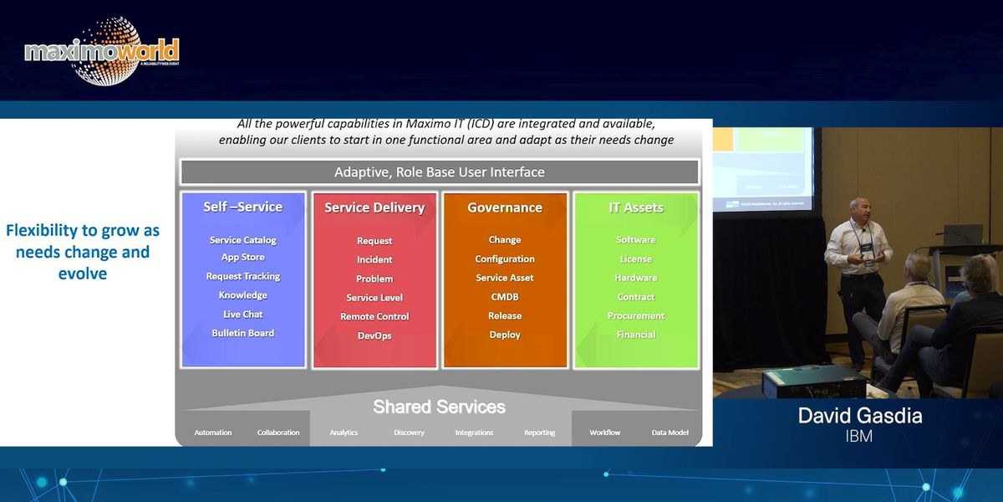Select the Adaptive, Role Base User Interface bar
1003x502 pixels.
pyautogui.click(x=440, y=172)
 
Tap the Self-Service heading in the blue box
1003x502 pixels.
pyautogui.click(x=243, y=207)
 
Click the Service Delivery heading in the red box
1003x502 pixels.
pyautogui.click(x=374, y=207)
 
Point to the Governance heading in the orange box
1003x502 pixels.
pyautogui.click(x=505, y=207)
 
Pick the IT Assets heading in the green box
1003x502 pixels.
pyautogui.click(x=636, y=207)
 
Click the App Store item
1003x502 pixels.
pyautogui.click(x=243, y=258)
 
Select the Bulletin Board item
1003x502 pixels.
pyautogui.click(x=243, y=333)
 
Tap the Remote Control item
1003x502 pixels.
pyautogui.click(x=374, y=316)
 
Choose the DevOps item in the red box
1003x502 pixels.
pyautogui.click(x=374, y=336)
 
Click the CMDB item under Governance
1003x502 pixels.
pyautogui.click(x=505, y=297)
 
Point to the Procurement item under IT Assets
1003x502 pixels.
pyautogui.click(x=636, y=315)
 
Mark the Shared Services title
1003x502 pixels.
pyautogui.click(x=439, y=407)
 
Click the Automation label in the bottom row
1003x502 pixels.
pyautogui.click(x=213, y=433)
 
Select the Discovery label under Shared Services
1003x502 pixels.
pyautogui.click(x=409, y=433)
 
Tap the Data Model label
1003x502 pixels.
pyautogui.click(x=670, y=433)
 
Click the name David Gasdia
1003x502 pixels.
pyautogui.click(x=860, y=416)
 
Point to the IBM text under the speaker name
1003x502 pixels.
pyautogui.click(x=860, y=436)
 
